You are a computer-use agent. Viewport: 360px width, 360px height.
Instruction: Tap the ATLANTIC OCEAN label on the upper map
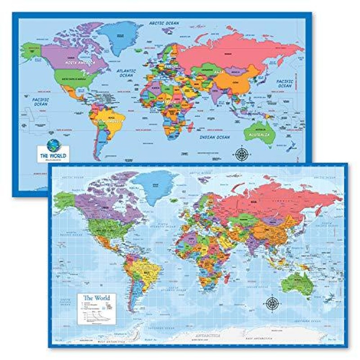(126, 73)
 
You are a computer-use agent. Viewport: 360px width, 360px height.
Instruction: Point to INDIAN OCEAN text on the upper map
(214, 137)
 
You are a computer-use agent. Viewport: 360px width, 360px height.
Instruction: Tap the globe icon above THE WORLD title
(53, 144)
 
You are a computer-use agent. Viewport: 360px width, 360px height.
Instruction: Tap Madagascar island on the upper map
(190, 126)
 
